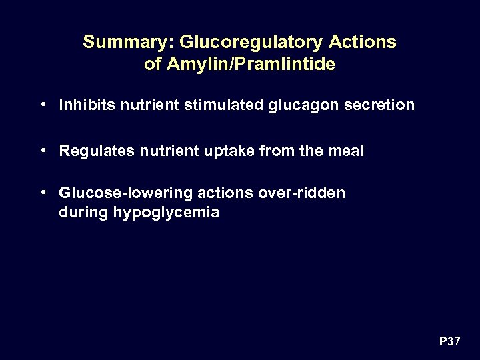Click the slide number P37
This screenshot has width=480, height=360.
tap(449, 342)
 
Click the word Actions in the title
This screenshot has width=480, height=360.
tap(363, 43)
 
